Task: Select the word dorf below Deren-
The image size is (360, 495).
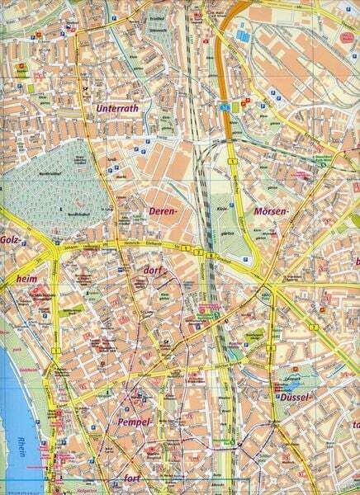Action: pos(153,270)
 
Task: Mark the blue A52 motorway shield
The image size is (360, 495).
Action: pos(225,106)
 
